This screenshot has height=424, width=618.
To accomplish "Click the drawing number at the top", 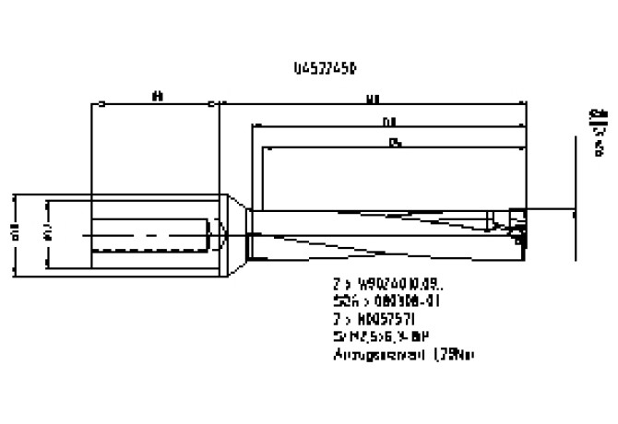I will [x=322, y=67].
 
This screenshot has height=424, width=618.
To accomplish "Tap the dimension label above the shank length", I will [x=156, y=94].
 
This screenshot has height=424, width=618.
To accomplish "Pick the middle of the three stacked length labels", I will [x=391, y=121].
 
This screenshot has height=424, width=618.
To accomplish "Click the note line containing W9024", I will [x=378, y=287].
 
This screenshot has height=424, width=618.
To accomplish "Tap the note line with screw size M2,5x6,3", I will [x=379, y=336].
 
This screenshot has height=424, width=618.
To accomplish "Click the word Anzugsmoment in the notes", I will [x=365, y=353].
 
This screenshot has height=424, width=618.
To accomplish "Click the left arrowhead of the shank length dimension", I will [x=91, y=104].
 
